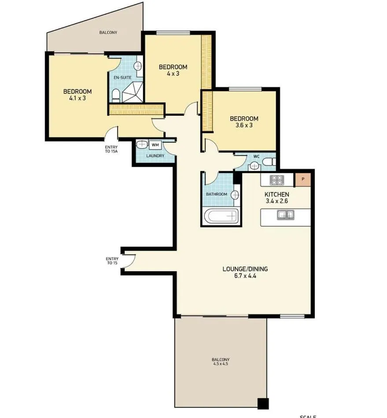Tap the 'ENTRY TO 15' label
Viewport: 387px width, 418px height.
tap(111, 261)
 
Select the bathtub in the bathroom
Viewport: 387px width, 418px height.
tap(221, 216)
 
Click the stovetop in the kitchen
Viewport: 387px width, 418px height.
tap(277, 180)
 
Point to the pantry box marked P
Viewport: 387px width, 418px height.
tap(303, 179)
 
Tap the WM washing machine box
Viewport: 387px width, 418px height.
tap(155, 144)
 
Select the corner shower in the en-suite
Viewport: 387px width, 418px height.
tap(133, 92)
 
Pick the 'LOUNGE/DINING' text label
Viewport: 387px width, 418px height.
tap(245, 269)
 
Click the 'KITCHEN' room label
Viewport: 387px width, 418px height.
tap(276, 194)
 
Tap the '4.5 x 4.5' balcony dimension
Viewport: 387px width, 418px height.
tap(221, 364)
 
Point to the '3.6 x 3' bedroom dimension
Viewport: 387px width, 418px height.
tap(244, 125)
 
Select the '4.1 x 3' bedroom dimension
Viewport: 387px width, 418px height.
tap(77, 98)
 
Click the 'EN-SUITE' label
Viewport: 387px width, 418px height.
tap(122, 78)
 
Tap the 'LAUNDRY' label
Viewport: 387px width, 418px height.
tap(155, 156)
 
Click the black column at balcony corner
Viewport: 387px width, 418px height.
tap(263, 403)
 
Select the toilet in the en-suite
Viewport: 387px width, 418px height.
tap(116, 94)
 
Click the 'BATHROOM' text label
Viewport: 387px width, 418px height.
tap(217, 194)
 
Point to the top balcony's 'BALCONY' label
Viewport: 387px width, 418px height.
tap(108, 33)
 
